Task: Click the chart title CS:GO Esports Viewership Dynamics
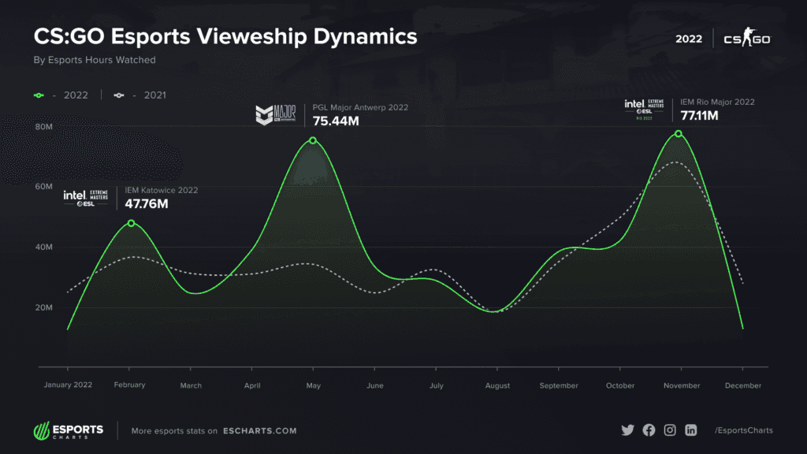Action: pyautogui.click(x=225, y=37)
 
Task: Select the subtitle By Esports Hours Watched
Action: pyautogui.click(x=94, y=60)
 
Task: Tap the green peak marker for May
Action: pyautogui.click(x=313, y=140)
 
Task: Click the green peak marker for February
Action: pyautogui.click(x=132, y=223)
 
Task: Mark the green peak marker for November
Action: pyautogui.click(x=678, y=134)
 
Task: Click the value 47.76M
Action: pyautogui.click(x=147, y=203)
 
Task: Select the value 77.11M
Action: pyautogui.click(x=700, y=116)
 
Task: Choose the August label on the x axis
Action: pyautogui.click(x=497, y=385)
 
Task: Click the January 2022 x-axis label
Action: pyautogui.click(x=67, y=385)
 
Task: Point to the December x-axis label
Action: pyautogui.click(x=743, y=385)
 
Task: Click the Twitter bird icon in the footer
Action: pyautogui.click(x=627, y=430)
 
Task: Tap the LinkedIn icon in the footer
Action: pyautogui.click(x=691, y=430)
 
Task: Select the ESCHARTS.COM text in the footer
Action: pyautogui.click(x=259, y=431)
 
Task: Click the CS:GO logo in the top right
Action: pyautogui.click(x=746, y=38)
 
